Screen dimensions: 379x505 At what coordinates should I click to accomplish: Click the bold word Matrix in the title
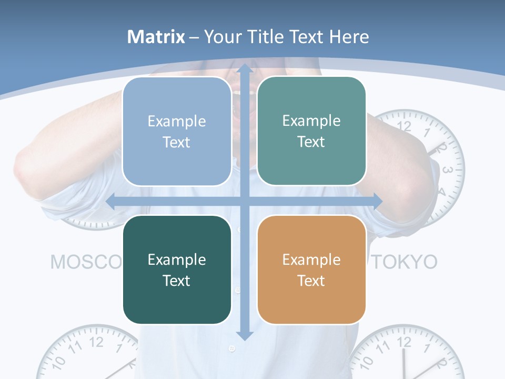(156, 37)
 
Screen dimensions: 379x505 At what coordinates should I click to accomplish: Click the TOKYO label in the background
(405, 262)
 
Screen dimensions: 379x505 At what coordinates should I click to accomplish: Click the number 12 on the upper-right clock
(404, 126)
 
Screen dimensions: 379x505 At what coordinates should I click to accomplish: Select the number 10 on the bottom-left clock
(59, 362)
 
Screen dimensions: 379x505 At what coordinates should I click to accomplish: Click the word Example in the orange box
(311, 260)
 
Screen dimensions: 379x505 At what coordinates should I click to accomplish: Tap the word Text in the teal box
(311, 142)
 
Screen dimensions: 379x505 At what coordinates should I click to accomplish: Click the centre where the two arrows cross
(244, 201)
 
